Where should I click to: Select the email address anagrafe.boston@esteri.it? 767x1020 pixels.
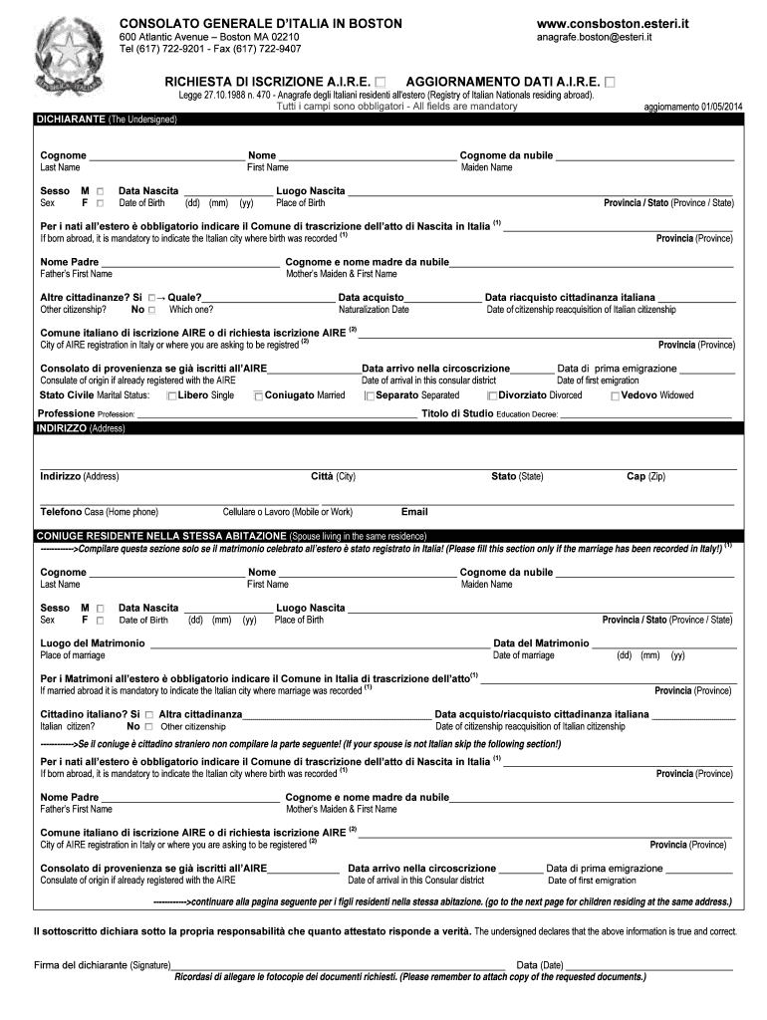[594, 38]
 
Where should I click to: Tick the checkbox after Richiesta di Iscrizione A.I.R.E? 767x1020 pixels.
[383, 81]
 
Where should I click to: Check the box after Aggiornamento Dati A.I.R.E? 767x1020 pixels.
[610, 81]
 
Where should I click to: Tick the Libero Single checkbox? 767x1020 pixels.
[172, 396]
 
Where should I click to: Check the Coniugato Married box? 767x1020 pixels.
[259, 396]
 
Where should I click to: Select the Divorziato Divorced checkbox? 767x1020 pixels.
[492, 396]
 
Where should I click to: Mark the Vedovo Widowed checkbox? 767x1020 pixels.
[615, 396]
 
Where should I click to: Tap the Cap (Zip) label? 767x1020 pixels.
[644, 476]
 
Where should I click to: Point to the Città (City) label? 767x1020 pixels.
[333, 476]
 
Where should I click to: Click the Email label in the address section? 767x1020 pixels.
[414, 512]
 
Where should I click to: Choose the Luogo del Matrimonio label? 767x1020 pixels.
[92, 643]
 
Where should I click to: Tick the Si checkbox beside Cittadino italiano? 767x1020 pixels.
[148, 715]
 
